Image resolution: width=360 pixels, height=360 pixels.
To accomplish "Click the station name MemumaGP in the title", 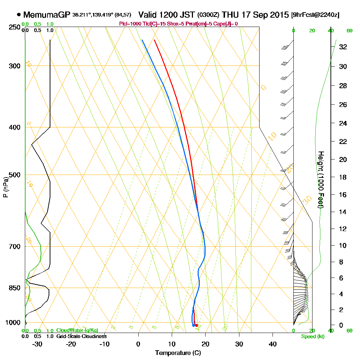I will pos(46,15).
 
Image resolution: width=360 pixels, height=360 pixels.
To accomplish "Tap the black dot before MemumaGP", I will pos(19,15).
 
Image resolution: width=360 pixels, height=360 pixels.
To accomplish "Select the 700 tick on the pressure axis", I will pos(14,246).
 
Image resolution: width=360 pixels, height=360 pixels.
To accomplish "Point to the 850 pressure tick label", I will pos(14,288).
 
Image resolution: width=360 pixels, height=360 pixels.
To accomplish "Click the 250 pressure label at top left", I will pos(14,27).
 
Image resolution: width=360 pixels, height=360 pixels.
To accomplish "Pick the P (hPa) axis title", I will pos(5,187).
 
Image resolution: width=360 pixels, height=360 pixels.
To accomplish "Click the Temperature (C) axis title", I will pos(176,353).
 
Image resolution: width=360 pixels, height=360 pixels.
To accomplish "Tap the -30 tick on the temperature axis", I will pos(37,344).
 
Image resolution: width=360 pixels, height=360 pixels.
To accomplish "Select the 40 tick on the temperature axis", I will pos(273,344).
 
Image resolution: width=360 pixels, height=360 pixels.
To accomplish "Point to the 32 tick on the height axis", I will pos(343,47).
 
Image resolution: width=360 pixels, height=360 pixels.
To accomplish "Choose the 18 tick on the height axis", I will pos(343,177).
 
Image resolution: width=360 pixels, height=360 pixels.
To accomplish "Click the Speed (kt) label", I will pos(312,336).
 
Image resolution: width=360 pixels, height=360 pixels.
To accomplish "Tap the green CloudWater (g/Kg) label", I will pos(77,330).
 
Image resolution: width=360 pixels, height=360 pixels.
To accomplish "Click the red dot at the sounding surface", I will pos(196,325).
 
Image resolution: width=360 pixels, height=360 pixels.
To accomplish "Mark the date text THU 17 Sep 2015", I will pos(256,15).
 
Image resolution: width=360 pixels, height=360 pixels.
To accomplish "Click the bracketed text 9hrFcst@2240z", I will pos(315,15).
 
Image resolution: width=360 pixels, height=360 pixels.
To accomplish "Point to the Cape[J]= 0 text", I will pos(226,24).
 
